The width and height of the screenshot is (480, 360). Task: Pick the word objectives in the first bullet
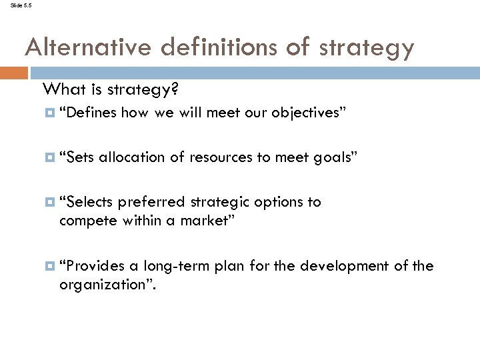307,113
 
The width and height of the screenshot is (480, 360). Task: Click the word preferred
152,202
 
